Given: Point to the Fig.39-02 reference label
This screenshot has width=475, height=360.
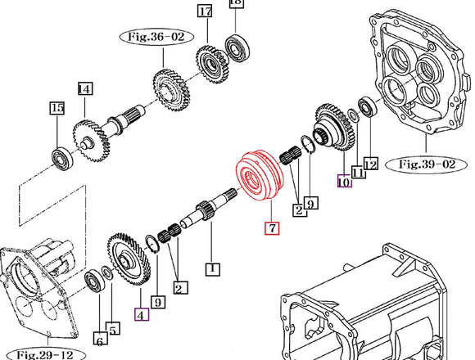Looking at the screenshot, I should pyautogui.click(x=427, y=163).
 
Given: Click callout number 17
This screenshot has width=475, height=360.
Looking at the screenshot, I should pyautogui.click(x=205, y=11).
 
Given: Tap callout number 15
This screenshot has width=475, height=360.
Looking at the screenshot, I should pyautogui.click(x=57, y=108).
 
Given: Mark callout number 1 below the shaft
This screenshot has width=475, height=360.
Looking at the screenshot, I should pyautogui.click(x=211, y=268).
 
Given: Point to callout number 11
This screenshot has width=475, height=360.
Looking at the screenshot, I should pyautogui.click(x=356, y=171).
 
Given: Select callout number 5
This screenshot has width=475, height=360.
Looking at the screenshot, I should pyautogui.click(x=114, y=329).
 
